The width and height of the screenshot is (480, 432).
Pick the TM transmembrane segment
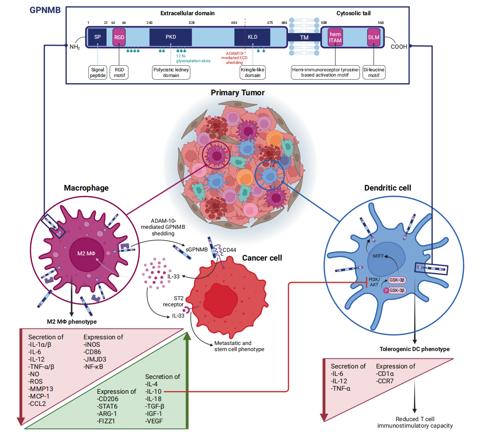(304, 38)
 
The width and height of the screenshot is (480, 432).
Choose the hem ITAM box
(335, 37)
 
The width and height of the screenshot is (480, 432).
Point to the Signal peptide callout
(98, 72)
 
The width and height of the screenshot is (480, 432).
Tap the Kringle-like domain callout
(253, 72)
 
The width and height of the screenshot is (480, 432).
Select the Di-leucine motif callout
(374, 72)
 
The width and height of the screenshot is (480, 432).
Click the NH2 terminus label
(74, 47)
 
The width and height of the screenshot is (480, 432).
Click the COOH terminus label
(399, 47)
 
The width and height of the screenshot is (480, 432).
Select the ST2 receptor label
(178, 301)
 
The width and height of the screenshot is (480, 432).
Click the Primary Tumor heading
(237, 92)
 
